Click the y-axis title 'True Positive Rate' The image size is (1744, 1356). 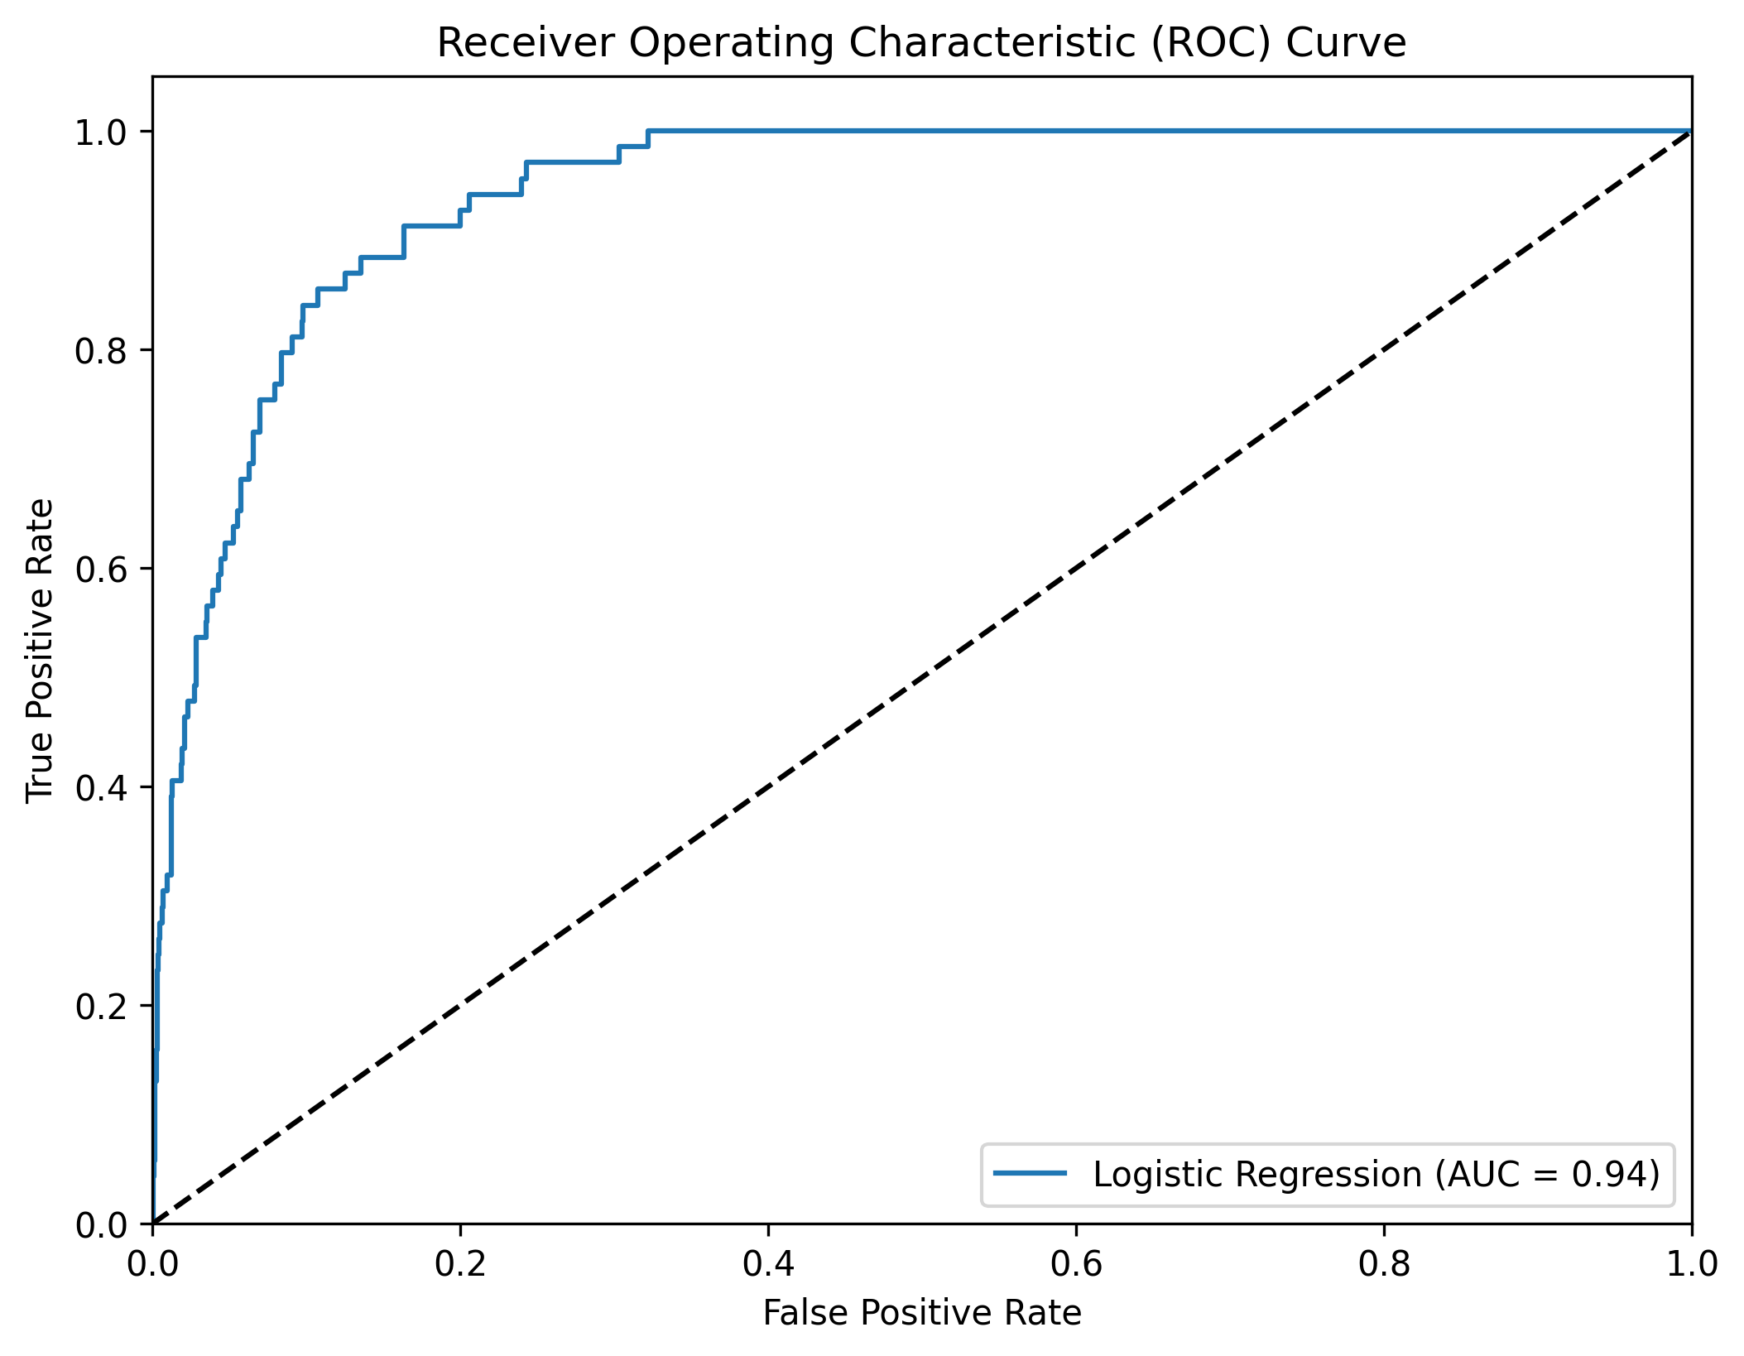pyautogui.click(x=40, y=650)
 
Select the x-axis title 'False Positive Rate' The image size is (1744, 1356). pyautogui.click(x=921, y=1313)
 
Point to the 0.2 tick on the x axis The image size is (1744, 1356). pyautogui.click(x=460, y=1264)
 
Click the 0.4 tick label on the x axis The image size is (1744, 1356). pyautogui.click(x=768, y=1264)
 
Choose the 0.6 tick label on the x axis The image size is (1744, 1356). pyautogui.click(x=1076, y=1264)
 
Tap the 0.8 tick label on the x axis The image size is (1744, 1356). pyautogui.click(x=1384, y=1264)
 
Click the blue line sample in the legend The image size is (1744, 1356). pyautogui.click(x=1030, y=1174)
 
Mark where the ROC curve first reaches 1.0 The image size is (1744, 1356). pyautogui.click(x=648, y=131)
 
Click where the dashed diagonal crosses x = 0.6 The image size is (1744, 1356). pyautogui.click(x=1076, y=569)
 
